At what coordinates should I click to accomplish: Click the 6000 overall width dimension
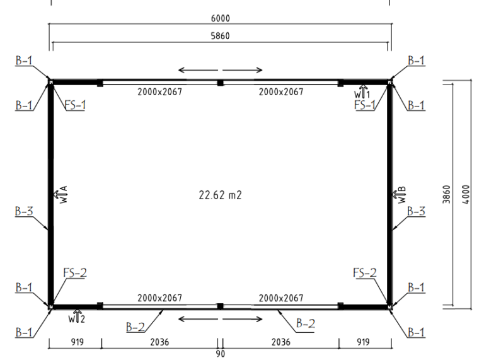(x=220, y=18)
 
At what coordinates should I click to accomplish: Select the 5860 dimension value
(x=220, y=36)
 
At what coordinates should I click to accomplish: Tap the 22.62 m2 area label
(x=220, y=195)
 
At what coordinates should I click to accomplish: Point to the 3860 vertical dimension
(x=446, y=194)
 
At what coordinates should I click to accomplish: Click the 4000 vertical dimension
(x=466, y=194)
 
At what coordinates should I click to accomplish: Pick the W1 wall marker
(x=362, y=91)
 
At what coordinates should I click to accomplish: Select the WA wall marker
(x=60, y=195)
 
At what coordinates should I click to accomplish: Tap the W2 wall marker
(x=76, y=316)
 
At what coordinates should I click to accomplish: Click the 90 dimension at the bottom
(x=221, y=354)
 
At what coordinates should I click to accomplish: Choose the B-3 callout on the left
(x=24, y=211)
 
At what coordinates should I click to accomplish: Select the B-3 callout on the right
(x=416, y=211)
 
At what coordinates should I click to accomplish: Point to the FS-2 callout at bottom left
(x=75, y=272)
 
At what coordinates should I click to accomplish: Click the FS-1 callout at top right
(x=364, y=105)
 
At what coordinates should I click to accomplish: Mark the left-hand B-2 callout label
(x=135, y=327)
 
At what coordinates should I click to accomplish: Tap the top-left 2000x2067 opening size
(x=159, y=91)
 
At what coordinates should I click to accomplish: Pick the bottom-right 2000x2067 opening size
(x=281, y=298)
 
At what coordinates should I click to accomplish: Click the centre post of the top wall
(x=220, y=83)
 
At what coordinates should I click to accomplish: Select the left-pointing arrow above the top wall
(x=198, y=70)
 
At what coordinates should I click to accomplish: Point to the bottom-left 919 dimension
(x=77, y=342)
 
